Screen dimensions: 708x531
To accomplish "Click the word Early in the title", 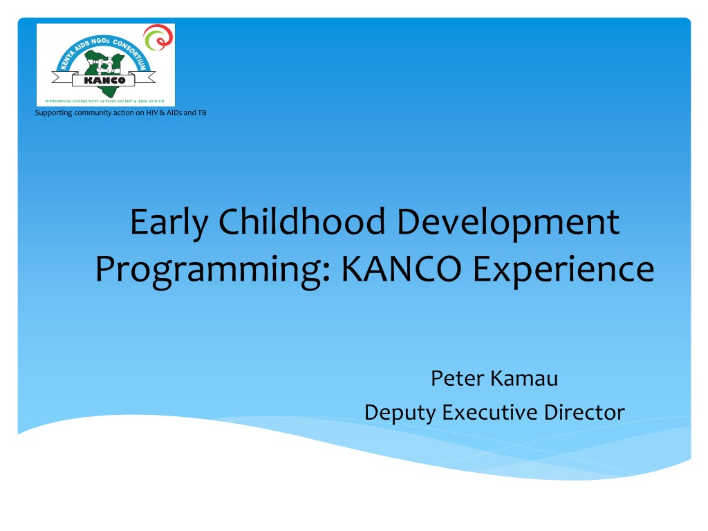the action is pos(169,223).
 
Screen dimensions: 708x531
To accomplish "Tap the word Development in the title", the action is pos(508,223).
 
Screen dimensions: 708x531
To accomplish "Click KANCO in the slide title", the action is pos(402,269).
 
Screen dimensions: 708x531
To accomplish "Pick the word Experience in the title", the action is pos(563,270).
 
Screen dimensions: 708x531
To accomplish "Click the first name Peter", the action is pos(457,378).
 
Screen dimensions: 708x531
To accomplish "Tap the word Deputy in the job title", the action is pos(400,413).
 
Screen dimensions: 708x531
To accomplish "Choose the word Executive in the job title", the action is pos(490,412).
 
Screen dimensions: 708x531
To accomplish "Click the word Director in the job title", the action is pos(584,412).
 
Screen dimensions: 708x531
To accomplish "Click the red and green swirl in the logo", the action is pos(158,37).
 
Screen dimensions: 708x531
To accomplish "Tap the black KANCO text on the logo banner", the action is pos(105,80).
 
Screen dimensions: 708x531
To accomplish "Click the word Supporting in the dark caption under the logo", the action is pos(53,113).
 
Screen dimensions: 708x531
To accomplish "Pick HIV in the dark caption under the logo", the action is pos(151,113).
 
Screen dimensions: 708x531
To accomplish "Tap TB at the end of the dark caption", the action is pos(202,113).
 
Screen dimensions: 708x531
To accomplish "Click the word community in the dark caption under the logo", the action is pos(93,113).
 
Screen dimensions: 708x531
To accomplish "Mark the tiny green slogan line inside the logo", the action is pos(104,101).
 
